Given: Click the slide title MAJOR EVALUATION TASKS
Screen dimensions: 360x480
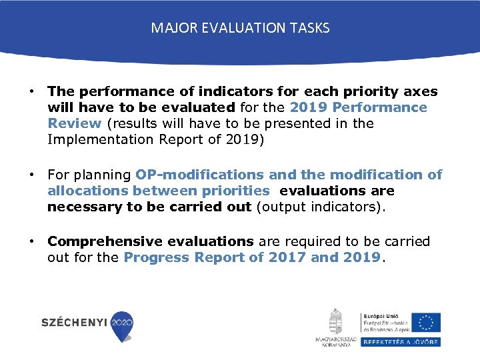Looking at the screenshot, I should pyautogui.click(x=240, y=28).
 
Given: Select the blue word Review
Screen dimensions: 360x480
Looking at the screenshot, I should pyautogui.click(x=74, y=123).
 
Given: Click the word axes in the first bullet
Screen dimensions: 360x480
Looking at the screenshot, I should pyautogui.click(x=421, y=91).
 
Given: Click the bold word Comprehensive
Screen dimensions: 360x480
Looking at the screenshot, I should pyautogui.click(x=104, y=241).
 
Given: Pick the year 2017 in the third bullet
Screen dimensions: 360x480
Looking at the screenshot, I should pyautogui.click(x=287, y=257).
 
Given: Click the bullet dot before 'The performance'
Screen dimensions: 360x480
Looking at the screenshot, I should pyautogui.click(x=31, y=91).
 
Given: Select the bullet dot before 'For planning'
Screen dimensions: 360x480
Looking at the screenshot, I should pyautogui.click(x=31, y=175).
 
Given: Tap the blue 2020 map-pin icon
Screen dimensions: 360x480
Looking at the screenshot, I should pyautogui.click(x=121, y=325).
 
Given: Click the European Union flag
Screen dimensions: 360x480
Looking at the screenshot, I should pyautogui.click(x=425, y=322).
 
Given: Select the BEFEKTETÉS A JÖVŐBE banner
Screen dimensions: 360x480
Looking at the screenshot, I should pyautogui.click(x=400, y=341).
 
